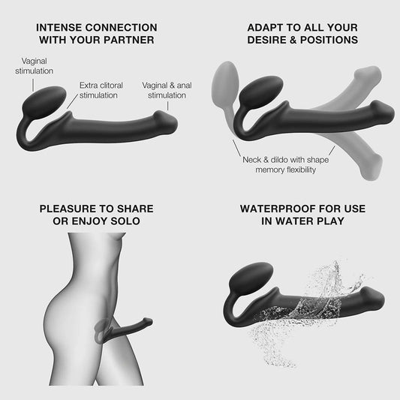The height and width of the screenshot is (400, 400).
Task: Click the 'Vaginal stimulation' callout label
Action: tap(35, 66)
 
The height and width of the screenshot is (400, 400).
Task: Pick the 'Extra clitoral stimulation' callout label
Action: tap(101, 90)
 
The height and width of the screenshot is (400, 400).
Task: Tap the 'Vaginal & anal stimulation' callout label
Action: tap(167, 90)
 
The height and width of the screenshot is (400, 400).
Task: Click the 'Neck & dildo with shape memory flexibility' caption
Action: tap(286, 164)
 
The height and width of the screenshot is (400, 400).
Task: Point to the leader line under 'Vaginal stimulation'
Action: tap(33, 85)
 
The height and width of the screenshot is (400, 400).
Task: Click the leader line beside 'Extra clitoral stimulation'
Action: tap(72, 101)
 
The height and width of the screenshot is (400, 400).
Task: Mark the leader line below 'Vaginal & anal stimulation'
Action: tap(167, 106)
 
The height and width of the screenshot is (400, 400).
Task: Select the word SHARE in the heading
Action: tap(135, 209)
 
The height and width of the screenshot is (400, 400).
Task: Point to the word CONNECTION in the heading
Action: tap(121, 28)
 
